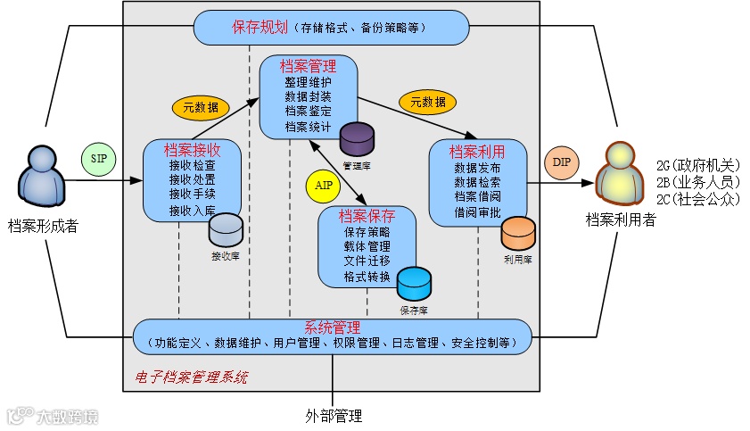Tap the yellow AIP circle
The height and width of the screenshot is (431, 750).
(323, 185)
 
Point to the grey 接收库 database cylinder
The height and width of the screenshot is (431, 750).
(226, 231)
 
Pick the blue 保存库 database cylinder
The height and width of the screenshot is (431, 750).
(414, 284)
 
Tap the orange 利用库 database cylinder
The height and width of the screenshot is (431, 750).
(517, 235)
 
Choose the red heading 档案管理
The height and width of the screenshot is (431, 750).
(308, 65)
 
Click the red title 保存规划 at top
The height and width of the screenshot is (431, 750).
(259, 28)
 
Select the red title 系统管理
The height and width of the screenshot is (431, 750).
(332, 326)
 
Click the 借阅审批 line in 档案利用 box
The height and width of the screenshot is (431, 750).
(477, 212)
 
